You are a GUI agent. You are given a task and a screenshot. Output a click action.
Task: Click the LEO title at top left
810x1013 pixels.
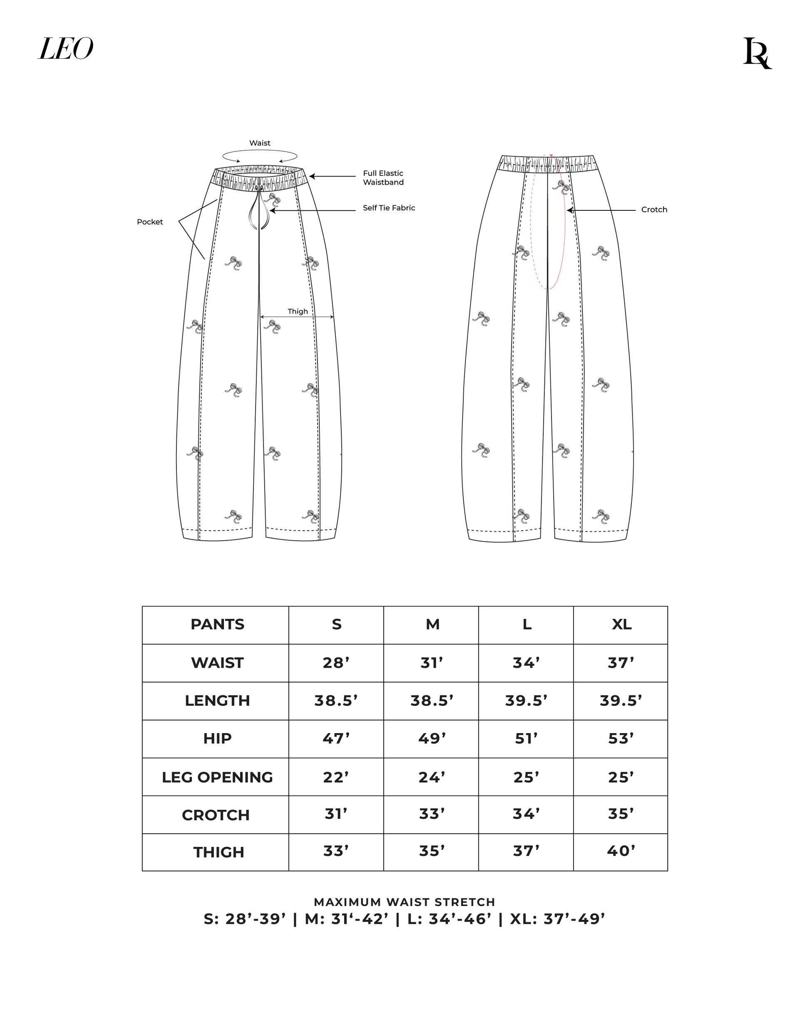point(66,49)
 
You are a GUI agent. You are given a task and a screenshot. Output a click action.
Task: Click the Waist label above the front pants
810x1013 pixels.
point(260,143)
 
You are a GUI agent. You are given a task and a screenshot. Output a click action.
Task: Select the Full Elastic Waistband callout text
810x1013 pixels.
point(383,177)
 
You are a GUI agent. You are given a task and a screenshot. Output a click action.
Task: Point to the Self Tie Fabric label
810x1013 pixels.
point(389,208)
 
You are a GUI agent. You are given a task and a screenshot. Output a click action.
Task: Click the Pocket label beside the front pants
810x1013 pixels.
point(150,222)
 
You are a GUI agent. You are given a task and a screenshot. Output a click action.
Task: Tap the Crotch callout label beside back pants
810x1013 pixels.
point(653,210)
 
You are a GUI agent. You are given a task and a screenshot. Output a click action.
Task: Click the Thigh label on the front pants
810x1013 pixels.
point(298,311)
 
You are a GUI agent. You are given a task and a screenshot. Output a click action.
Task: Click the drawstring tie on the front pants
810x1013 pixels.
point(259,209)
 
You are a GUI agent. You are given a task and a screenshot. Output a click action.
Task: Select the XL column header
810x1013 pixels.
point(621,624)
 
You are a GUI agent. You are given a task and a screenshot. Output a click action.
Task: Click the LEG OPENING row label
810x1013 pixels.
point(217,777)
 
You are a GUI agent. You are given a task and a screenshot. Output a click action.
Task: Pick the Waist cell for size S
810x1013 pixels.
point(336,663)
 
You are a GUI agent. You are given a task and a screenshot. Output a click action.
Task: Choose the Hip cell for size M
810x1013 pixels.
point(432,739)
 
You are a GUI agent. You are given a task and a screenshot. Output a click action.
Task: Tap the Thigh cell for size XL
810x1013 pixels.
point(621,851)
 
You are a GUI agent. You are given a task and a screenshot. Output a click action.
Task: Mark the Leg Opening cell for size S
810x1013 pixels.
point(336,777)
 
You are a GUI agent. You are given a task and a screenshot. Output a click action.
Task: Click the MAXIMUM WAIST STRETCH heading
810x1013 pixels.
point(404,902)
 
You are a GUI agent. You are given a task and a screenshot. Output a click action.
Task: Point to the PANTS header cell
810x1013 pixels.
point(217,624)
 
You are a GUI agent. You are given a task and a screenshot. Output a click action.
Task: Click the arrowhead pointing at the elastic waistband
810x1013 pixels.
point(311,177)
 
